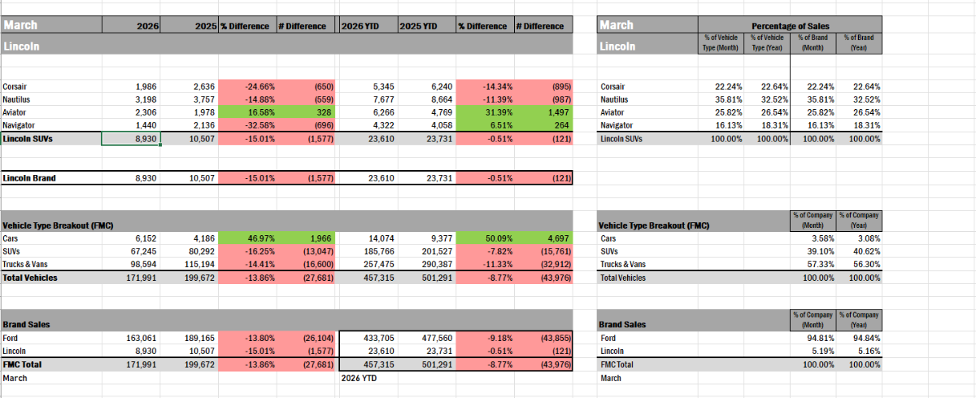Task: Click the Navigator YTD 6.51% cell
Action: pos(486,125)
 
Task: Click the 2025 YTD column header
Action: pos(418,26)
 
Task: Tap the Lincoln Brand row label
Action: pos(29,177)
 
